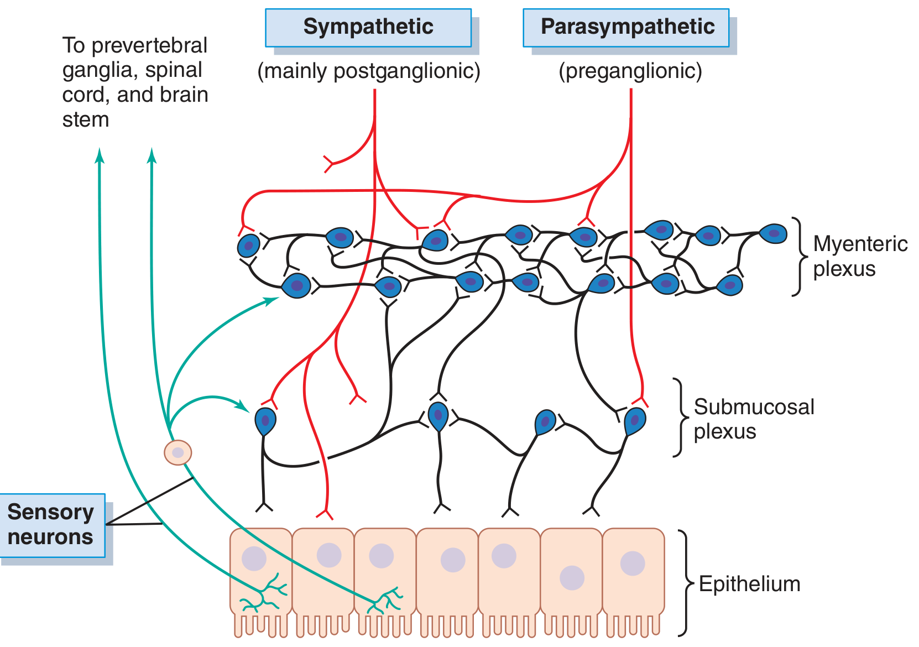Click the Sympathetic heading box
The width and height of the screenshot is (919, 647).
tap(368, 27)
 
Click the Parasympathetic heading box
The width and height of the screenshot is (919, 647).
tap(626, 27)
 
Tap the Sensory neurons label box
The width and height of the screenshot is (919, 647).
tap(52, 525)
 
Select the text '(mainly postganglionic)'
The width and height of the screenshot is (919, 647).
tap(369, 71)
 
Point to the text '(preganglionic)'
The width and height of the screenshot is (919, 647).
tap(630, 71)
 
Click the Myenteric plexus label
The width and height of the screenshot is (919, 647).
tap(860, 256)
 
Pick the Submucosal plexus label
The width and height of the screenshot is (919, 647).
tap(753, 419)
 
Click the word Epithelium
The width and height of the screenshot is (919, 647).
tap(749, 584)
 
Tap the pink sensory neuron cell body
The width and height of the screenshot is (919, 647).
tap(178, 452)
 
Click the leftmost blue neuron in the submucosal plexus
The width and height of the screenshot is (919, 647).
tap(265, 421)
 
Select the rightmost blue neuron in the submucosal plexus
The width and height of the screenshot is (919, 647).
tap(635, 421)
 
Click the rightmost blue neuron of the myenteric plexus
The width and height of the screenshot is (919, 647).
tap(774, 233)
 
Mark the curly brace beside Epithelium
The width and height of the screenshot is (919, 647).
tap(686, 583)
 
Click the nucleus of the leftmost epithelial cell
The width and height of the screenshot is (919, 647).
tap(254, 559)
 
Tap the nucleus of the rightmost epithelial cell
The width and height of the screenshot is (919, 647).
tap(633, 563)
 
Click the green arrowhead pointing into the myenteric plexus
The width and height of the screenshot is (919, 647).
tap(271, 300)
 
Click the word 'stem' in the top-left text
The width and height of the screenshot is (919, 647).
tap(86, 119)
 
